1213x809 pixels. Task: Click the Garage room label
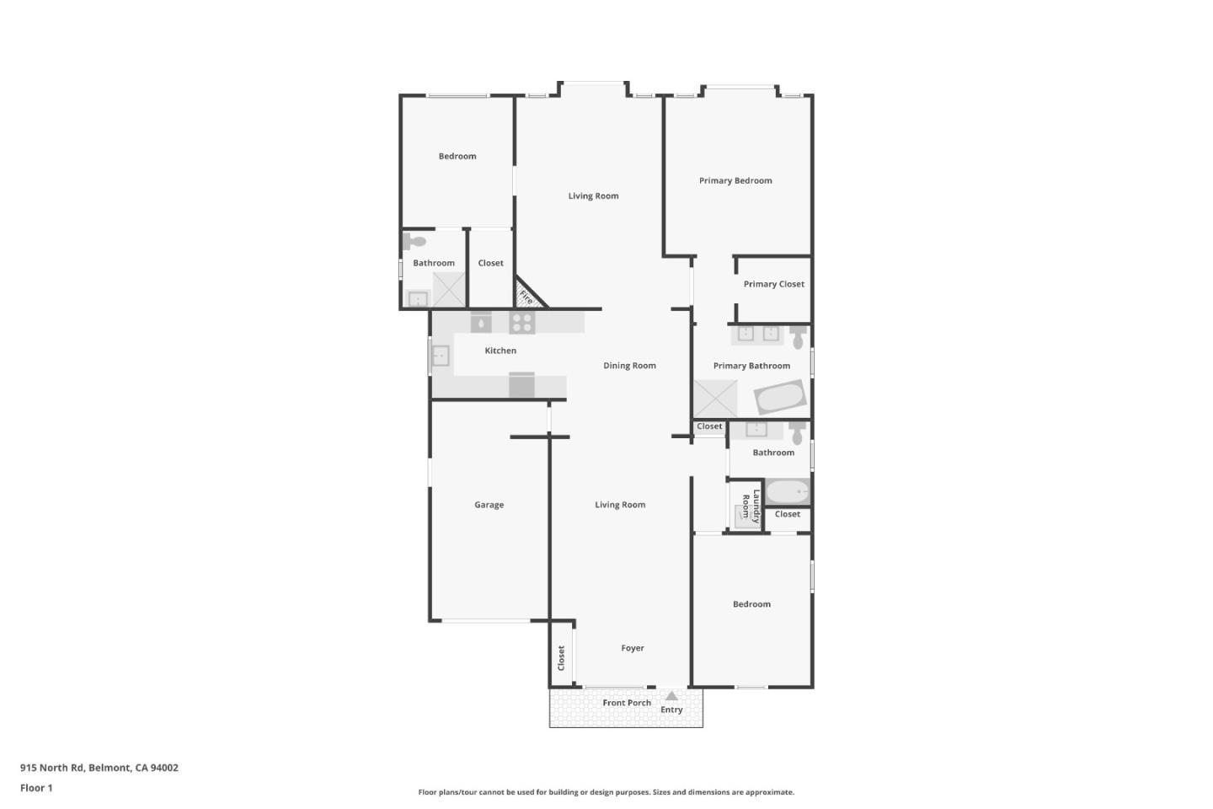pyautogui.click(x=489, y=505)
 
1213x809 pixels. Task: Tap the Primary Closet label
pyautogui.click(x=774, y=284)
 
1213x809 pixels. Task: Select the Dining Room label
pyautogui.click(x=629, y=366)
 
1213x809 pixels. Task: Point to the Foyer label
pyautogui.click(x=633, y=648)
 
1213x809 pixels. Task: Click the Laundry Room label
pyautogui.click(x=751, y=506)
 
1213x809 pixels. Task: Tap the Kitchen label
pyautogui.click(x=500, y=351)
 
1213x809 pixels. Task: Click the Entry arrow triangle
pyautogui.click(x=671, y=696)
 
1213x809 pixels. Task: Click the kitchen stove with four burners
pyautogui.click(x=522, y=323)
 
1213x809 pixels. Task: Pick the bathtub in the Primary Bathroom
pyautogui.click(x=780, y=397)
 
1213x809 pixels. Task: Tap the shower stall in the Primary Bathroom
pyautogui.click(x=715, y=399)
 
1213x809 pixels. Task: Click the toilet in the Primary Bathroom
pyautogui.click(x=798, y=336)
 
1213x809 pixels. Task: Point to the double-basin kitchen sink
pyautogui.click(x=441, y=356)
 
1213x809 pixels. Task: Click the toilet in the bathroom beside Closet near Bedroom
pyautogui.click(x=414, y=241)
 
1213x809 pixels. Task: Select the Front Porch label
pyautogui.click(x=627, y=703)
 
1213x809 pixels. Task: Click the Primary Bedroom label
pyautogui.click(x=735, y=180)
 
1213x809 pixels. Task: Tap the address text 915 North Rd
pyautogui.click(x=52, y=767)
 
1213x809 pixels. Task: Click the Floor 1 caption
pyautogui.click(x=36, y=788)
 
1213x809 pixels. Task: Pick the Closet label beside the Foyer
pyautogui.click(x=561, y=658)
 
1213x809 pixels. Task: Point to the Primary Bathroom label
pyautogui.click(x=751, y=366)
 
